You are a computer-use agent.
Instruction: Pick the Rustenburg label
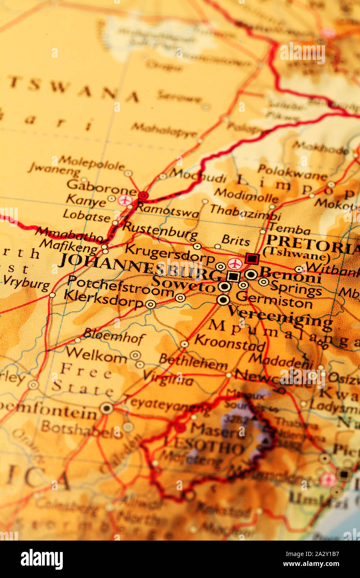[x=160, y=231]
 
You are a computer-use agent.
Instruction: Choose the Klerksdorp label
[x=104, y=298]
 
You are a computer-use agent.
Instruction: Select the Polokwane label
[x=292, y=172]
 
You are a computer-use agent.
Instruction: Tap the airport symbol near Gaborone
[x=125, y=200]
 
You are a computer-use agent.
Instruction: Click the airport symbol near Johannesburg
[x=235, y=264]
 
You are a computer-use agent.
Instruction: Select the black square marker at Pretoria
[x=252, y=258]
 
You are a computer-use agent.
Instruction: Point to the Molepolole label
[x=91, y=162]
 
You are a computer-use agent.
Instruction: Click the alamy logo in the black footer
[x=42, y=559]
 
